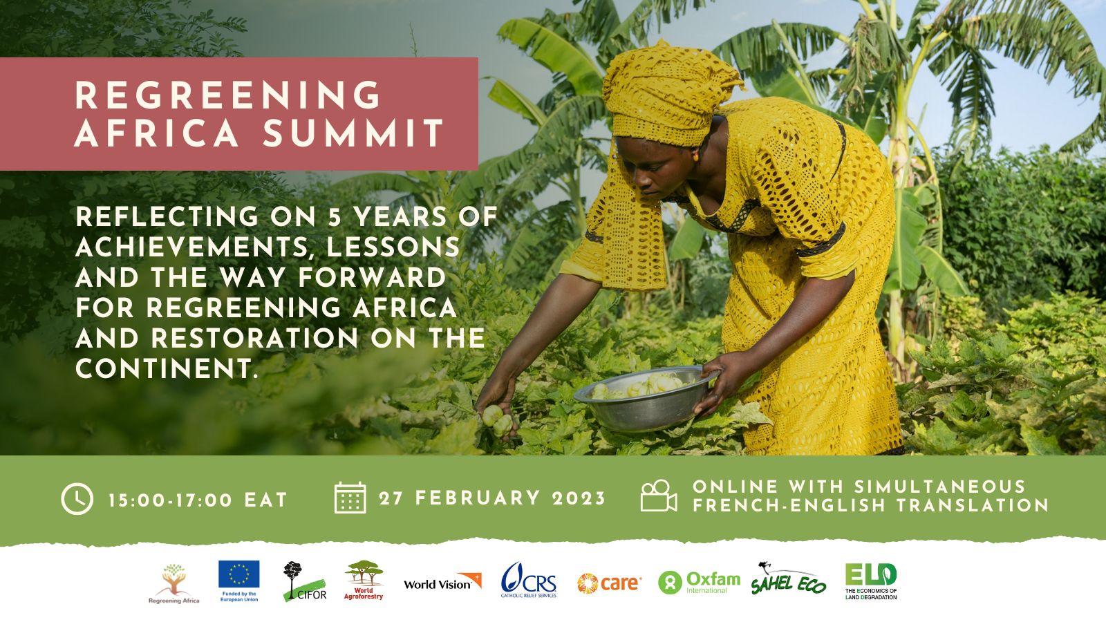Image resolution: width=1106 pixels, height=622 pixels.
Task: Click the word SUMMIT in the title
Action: click(x=353, y=133)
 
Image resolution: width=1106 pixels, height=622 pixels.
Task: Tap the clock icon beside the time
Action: click(x=77, y=499)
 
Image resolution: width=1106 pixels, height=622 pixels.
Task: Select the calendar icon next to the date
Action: click(x=350, y=498)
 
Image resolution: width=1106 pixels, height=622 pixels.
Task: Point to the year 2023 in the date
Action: click(x=579, y=498)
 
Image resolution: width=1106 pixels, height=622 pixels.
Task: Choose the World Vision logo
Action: click(x=442, y=581)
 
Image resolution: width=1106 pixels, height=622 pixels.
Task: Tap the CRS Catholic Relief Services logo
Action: click(x=529, y=580)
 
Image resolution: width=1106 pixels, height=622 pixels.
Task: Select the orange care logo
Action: click(x=609, y=583)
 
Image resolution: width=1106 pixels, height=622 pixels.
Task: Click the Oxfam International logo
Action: click(x=699, y=583)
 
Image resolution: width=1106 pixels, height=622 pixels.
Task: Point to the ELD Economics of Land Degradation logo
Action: click(x=871, y=581)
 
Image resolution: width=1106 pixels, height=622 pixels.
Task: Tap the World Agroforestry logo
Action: click(x=364, y=580)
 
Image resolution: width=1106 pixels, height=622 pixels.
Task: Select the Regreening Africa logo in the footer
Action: click(x=174, y=583)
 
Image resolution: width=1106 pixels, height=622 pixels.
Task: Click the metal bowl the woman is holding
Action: click(x=646, y=398)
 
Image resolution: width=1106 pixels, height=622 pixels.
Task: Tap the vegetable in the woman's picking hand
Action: click(x=497, y=419)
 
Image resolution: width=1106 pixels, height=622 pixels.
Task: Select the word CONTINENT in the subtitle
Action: click(x=167, y=369)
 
